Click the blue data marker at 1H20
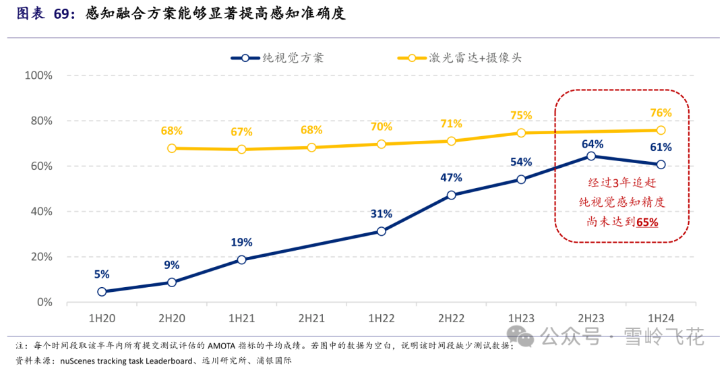click(102, 292)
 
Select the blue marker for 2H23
click(591, 156)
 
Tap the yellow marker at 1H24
click(661, 130)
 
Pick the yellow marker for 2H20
click(172, 148)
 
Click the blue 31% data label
click(382, 214)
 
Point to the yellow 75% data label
click(521, 116)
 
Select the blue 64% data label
click(591, 144)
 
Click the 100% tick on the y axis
click(38, 75)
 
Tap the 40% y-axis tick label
click(41, 212)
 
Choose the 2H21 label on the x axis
click(311, 317)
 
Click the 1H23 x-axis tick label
click(521, 317)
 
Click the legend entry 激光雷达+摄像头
click(475, 58)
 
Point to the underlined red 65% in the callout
click(647, 221)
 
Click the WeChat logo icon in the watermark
click(521, 335)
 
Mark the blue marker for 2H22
click(451, 195)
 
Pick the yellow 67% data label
click(241, 132)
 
